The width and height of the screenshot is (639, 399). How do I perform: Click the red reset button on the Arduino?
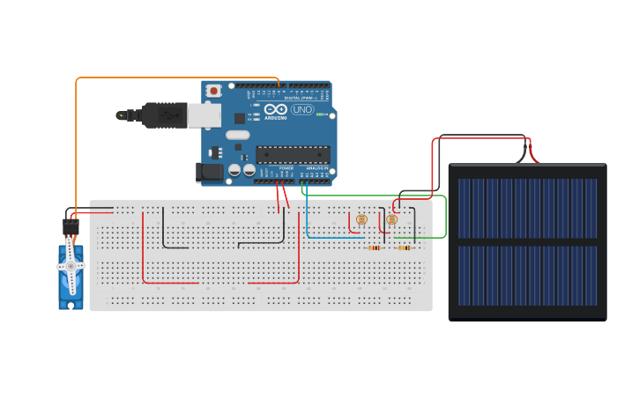(x=213, y=90)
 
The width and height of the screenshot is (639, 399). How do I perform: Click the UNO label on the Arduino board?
(x=301, y=109)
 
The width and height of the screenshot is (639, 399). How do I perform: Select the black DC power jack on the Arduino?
(x=210, y=172)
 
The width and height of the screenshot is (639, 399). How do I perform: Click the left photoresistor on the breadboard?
(x=361, y=219)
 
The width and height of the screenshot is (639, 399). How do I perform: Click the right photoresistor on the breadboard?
(x=392, y=219)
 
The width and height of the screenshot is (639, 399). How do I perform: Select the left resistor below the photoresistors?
(x=374, y=248)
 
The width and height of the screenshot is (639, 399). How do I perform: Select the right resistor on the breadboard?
(x=405, y=248)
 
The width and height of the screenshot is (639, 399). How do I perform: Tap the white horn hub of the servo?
(x=71, y=266)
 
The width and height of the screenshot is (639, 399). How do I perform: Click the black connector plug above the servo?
(x=71, y=225)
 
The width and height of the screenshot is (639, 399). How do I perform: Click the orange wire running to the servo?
(x=77, y=141)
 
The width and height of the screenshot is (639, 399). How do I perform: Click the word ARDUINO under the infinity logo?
(x=276, y=117)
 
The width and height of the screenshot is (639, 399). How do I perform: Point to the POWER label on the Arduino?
(x=286, y=167)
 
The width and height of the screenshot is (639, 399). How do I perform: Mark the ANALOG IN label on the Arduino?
(x=316, y=167)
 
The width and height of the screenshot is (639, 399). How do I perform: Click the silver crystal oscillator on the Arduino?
(x=238, y=135)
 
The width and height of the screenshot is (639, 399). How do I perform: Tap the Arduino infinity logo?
(x=275, y=109)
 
